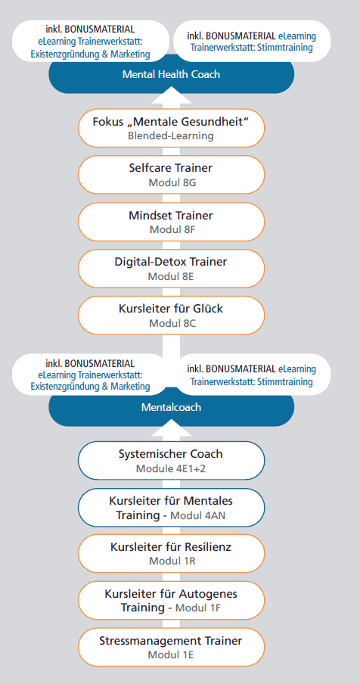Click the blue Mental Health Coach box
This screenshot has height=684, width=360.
tap(171, 74)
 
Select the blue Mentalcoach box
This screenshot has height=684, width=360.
tap(171, 407)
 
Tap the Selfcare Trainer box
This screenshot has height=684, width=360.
tap(171, 175)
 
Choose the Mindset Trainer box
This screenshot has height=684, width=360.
tap(171, 222)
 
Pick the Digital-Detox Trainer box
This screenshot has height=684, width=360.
tap(171, 269)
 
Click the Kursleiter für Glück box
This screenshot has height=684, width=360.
tap(171, 316)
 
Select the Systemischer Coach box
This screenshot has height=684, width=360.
tap(171, 461)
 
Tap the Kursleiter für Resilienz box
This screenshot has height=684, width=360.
tap(171, 554)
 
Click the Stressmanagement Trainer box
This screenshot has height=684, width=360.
tap(171, 647)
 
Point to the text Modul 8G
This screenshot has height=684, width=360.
tap(172, 182)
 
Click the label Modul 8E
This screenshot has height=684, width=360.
tap(171, 277)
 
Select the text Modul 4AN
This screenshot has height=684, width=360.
tap(198, 515)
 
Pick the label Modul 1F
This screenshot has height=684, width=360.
tap(198, 608)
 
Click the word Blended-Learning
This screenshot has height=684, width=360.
tap(171, 135)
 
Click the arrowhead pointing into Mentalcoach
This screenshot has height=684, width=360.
tap(171, 429)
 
